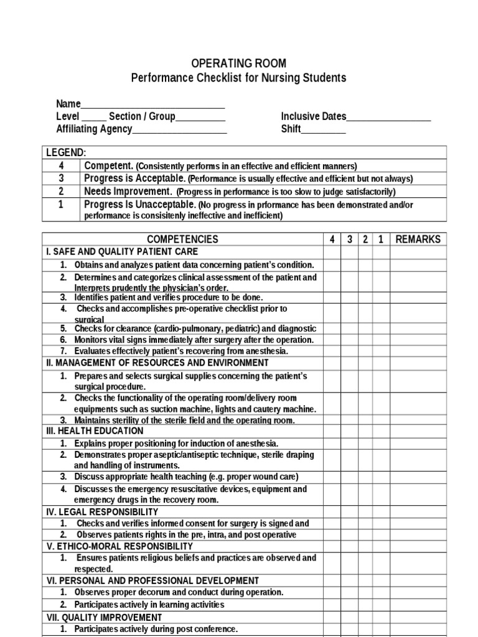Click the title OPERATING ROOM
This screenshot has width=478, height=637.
[x=238, y=63]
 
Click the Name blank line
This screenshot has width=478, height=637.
[x=152, y=104]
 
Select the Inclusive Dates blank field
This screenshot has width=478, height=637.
[x=388, y=116]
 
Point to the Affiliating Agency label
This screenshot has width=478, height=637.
[x=94, y=129]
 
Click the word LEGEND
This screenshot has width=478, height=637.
[x=66, y=153]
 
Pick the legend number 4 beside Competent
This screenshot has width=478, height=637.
[x=61, y=165]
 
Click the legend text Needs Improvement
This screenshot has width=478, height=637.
[x=128, y=192]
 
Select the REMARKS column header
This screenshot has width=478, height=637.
[x=418, y=239]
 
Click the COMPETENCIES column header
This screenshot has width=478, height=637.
[x=182, y=239]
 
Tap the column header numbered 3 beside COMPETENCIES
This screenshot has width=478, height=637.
[x=350, y=239]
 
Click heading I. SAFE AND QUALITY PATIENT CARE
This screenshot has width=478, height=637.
[x=122, y=252]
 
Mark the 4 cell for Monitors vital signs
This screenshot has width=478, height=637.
[x=332, y=340]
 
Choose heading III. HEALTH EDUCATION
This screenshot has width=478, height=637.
[x=95, y=431]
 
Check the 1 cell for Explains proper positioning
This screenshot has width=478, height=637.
[x=381, y=444]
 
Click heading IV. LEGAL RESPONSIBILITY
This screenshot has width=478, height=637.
[x=102, y=512]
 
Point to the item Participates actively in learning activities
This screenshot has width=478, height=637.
[x=149, y=605]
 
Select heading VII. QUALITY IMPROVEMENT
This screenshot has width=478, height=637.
[x=104, y=618]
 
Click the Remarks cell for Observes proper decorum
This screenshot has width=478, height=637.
[x=418, y=592]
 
